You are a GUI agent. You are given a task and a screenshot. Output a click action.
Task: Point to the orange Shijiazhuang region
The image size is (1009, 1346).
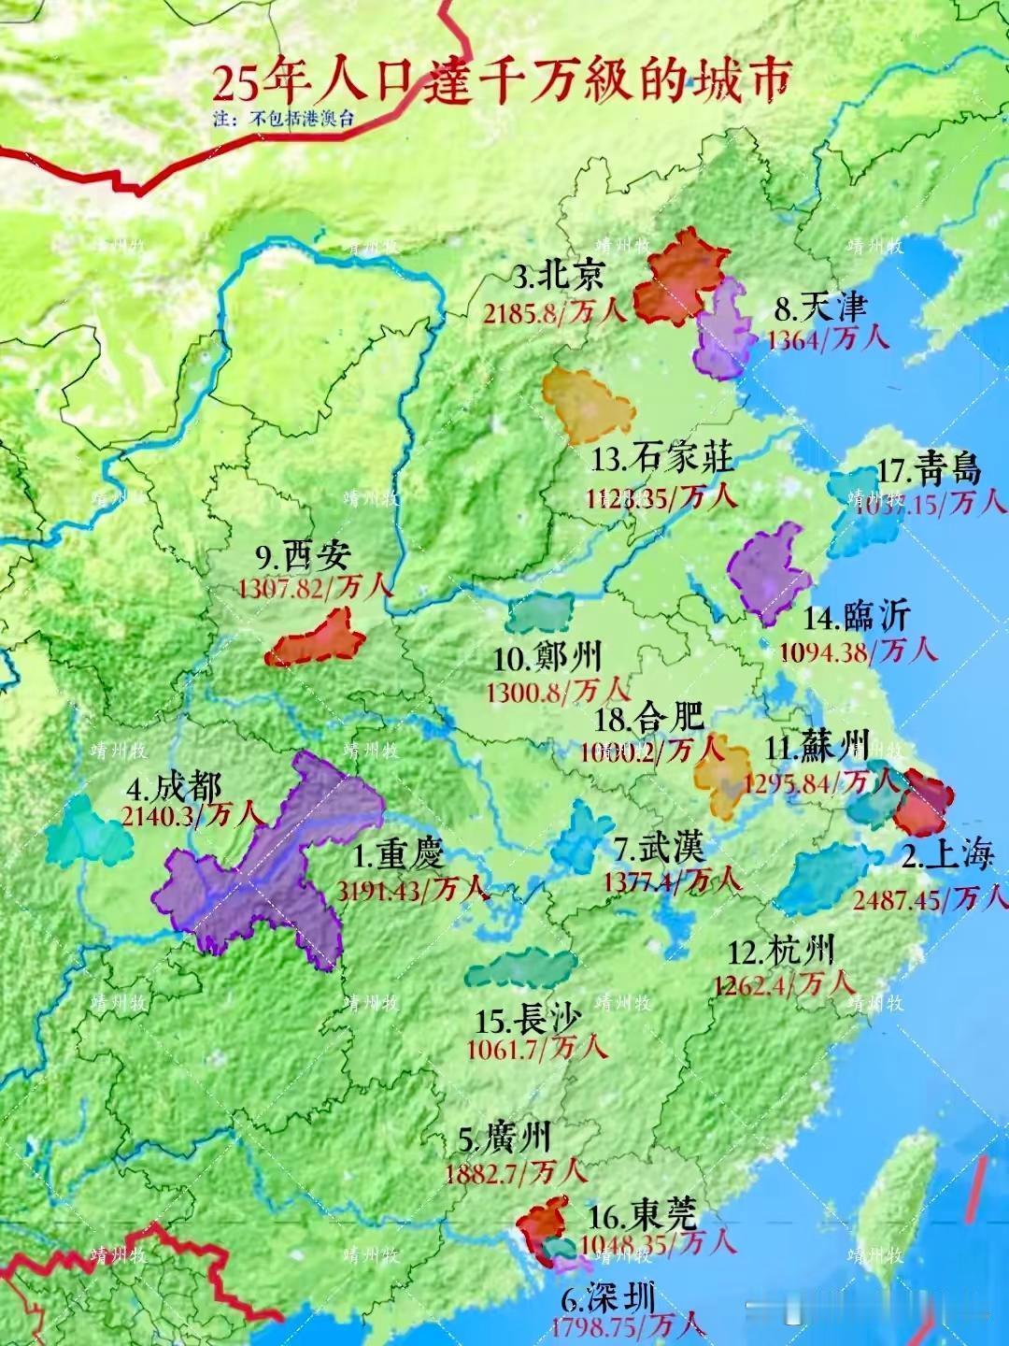tap(588, 405)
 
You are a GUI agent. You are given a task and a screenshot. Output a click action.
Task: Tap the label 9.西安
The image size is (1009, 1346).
tap(303, 557)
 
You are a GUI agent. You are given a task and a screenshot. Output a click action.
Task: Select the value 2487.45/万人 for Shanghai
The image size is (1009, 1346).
tap(930, 898)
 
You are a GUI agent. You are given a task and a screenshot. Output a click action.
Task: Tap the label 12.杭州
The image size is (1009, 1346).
tap(780, 952)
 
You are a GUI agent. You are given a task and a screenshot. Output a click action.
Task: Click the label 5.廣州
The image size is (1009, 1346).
tap(504, 1138)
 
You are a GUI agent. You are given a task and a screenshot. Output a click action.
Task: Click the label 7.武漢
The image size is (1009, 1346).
tap(660, 849)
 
